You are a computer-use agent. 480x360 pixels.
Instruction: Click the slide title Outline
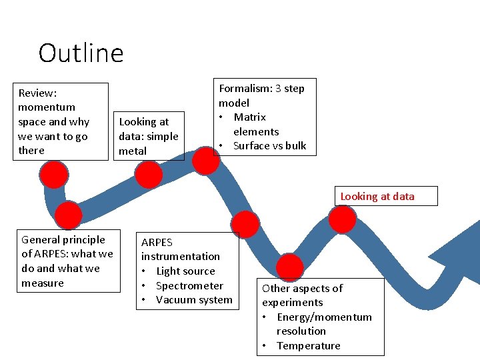pos(81,53)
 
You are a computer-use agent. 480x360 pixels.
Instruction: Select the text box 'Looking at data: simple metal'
pos(149,136)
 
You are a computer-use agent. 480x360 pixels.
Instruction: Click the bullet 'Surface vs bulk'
pos(269,146)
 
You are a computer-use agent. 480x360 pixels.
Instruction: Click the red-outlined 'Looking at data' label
pos(377,196)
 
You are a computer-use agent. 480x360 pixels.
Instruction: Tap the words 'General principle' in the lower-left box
pos(63,240)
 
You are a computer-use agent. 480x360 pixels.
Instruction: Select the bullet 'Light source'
pos(185,271)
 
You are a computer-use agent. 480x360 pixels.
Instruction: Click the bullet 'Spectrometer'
pos(189,286)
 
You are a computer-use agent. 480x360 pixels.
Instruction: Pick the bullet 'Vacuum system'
pos(194,300)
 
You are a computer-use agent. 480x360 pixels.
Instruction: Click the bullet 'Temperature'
pos(308,345)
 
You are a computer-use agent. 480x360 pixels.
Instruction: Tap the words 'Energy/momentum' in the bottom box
pos(324,317)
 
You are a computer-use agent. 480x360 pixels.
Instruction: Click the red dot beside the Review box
pos(54,175)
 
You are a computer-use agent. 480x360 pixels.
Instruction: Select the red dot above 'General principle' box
pos(68,215)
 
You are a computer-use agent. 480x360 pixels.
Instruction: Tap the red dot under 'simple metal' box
pos(149,175)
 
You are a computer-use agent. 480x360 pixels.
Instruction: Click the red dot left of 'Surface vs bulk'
pos(206,161)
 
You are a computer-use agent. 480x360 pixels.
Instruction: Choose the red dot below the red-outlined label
pos(343,219)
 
